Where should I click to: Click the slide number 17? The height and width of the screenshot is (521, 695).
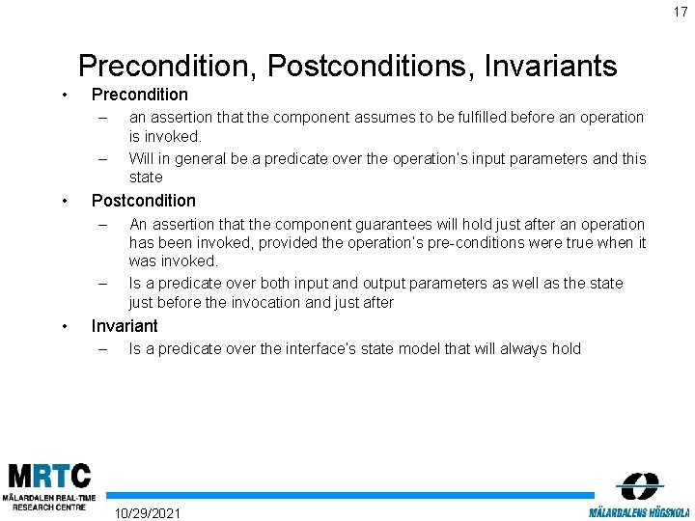tap(679, 12)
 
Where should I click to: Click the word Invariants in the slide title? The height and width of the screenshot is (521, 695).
tap(552, 66)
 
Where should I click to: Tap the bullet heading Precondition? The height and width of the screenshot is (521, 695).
tap(139, 95)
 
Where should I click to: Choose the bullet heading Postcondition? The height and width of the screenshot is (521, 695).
tap(143, 201)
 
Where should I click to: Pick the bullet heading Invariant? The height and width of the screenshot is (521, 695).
tap(124, 326)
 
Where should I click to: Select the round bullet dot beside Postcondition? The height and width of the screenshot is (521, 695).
tap(64, 201)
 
